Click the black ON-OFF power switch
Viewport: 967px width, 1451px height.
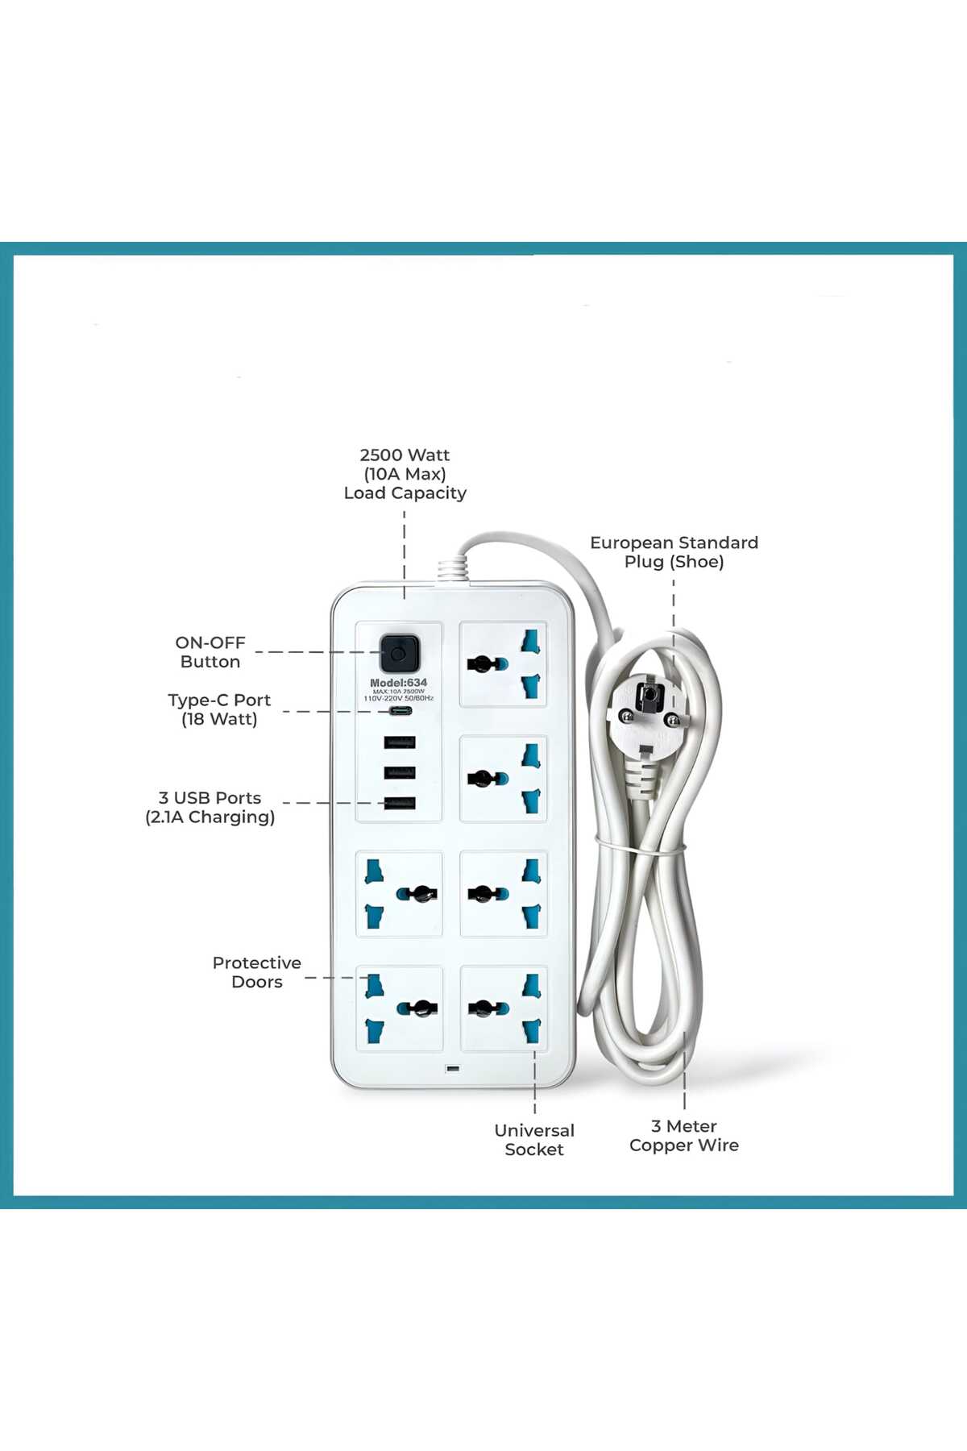399,654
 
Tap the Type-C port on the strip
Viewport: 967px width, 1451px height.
400,712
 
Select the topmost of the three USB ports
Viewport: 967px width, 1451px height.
400,742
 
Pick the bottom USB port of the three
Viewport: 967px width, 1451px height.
400,803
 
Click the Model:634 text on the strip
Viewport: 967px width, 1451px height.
399,683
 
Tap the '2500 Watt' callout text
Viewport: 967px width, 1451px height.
405,455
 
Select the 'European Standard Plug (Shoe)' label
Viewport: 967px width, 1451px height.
674,552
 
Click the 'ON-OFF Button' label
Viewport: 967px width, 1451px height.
210,652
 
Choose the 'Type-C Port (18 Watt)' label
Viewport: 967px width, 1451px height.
219,709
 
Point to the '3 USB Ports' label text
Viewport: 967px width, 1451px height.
210,797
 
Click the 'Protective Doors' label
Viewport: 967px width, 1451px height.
257,972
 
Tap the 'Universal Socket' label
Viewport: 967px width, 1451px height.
534,1140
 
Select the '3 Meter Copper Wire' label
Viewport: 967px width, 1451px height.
684,1136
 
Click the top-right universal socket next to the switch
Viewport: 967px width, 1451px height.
504,664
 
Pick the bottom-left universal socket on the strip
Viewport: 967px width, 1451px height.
400,1008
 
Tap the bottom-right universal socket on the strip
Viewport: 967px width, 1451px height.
504,1008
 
